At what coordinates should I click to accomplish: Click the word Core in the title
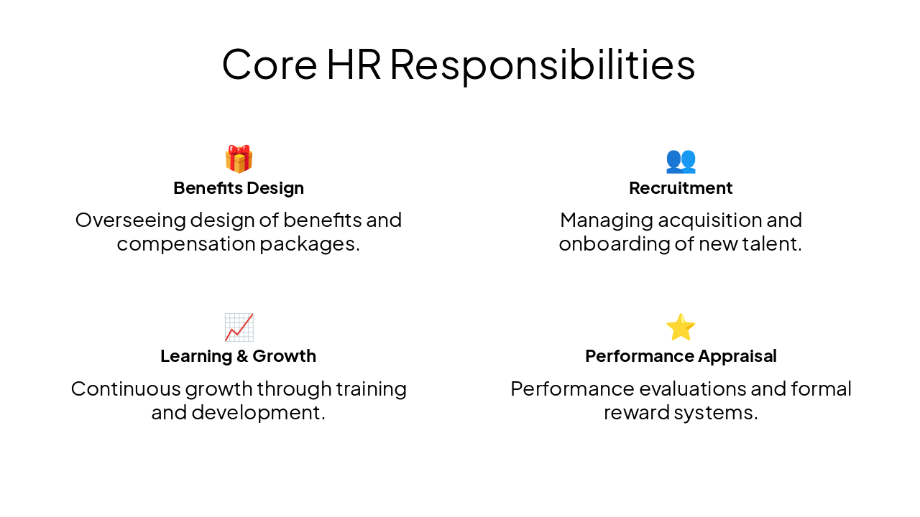coord(270,64)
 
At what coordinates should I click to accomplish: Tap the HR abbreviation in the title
coord(353,64)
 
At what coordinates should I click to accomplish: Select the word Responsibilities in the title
coord(543,65)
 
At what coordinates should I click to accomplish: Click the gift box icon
coord(239,159)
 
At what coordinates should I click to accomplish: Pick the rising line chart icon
coord(239,327)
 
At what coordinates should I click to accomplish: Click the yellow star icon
coord(681,327)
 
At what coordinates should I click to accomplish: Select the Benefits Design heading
coord(239,188)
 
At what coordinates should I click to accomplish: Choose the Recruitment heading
coord(681,188)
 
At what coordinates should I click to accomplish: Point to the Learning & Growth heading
coord(239,356)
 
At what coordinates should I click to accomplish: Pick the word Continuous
coord(126,388)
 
